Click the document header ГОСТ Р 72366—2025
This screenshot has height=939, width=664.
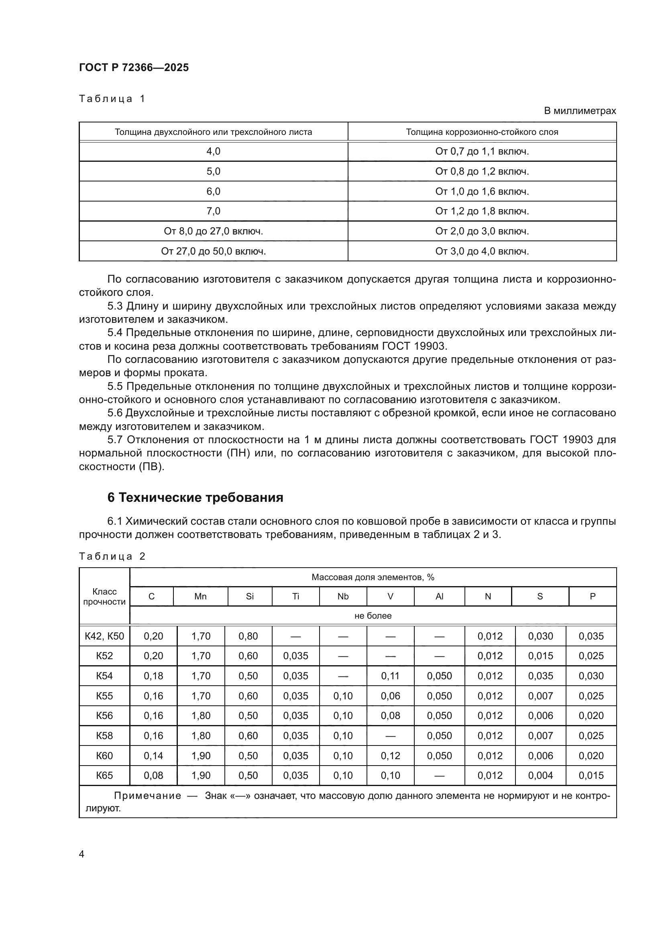pyautogui.click(x=134, y=67)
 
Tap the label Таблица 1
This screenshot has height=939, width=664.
pyautogui.click(x=112, y=99)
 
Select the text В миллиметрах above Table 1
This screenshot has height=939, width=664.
pyautogui.click(x=579, y=111)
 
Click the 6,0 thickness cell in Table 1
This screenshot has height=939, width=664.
pyautogui.click(x=213, y=191)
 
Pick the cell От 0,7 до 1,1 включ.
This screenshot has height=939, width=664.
pyautogui.click(x=482, y=151)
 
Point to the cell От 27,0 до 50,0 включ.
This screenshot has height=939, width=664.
pyautogui.click(x=213, y=251)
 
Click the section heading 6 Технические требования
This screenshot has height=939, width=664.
pyautogui.click(x=195, y=497)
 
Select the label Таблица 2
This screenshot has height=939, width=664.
pyautogui.click(x=112, y=556)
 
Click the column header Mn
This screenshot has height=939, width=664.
pyautogui.click(x=200, y=596)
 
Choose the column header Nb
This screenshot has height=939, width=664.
pyautogui.click(x=342, y=596)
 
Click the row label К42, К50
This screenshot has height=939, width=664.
pyautogui.click(x=104, y=636)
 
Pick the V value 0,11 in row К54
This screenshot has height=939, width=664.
pyautogui.click(x=390, y=676)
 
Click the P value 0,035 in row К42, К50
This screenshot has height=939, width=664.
pyautogui.click(x=591, y=636)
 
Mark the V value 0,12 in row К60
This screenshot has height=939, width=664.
pyautogui.click(x=390, y=756)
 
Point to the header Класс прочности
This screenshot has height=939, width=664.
pyautogui.click(x=104, y=597)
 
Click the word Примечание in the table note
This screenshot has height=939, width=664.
pyautogui.click(x=147, y=795)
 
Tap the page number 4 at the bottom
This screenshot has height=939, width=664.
pyautogui.click(x=81, y=854)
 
